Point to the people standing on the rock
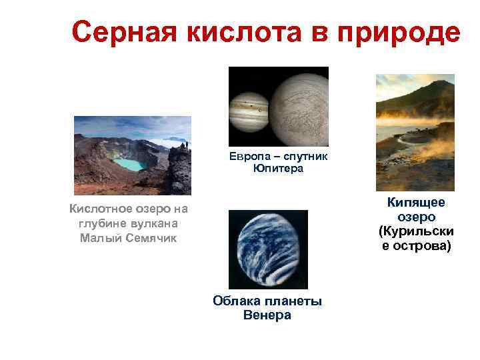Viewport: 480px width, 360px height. [x=185, y=145]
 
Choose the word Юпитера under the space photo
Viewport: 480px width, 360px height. [x=278, y=169]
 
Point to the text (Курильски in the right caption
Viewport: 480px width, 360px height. [x=416, y=232]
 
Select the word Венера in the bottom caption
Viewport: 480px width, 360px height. [x=268, y=315]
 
